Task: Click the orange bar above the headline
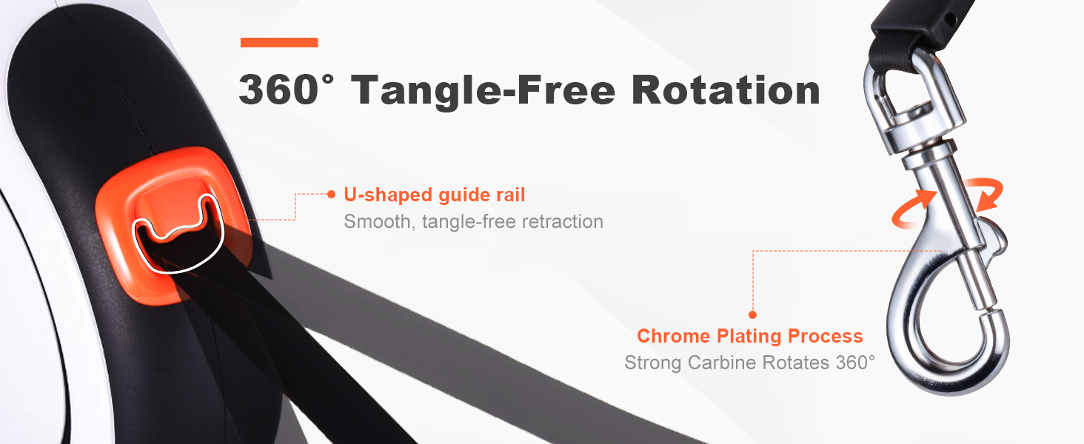[279, 43]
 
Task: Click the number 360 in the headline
[278, 90]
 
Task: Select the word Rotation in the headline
[726, 90]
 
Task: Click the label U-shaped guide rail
[434, 195]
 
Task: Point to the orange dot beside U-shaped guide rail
[331, 194]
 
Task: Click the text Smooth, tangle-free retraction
[473, 221]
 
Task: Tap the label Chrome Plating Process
[749, 336]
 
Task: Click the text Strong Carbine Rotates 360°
[749, 363]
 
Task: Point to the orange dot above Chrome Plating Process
[752, 314]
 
